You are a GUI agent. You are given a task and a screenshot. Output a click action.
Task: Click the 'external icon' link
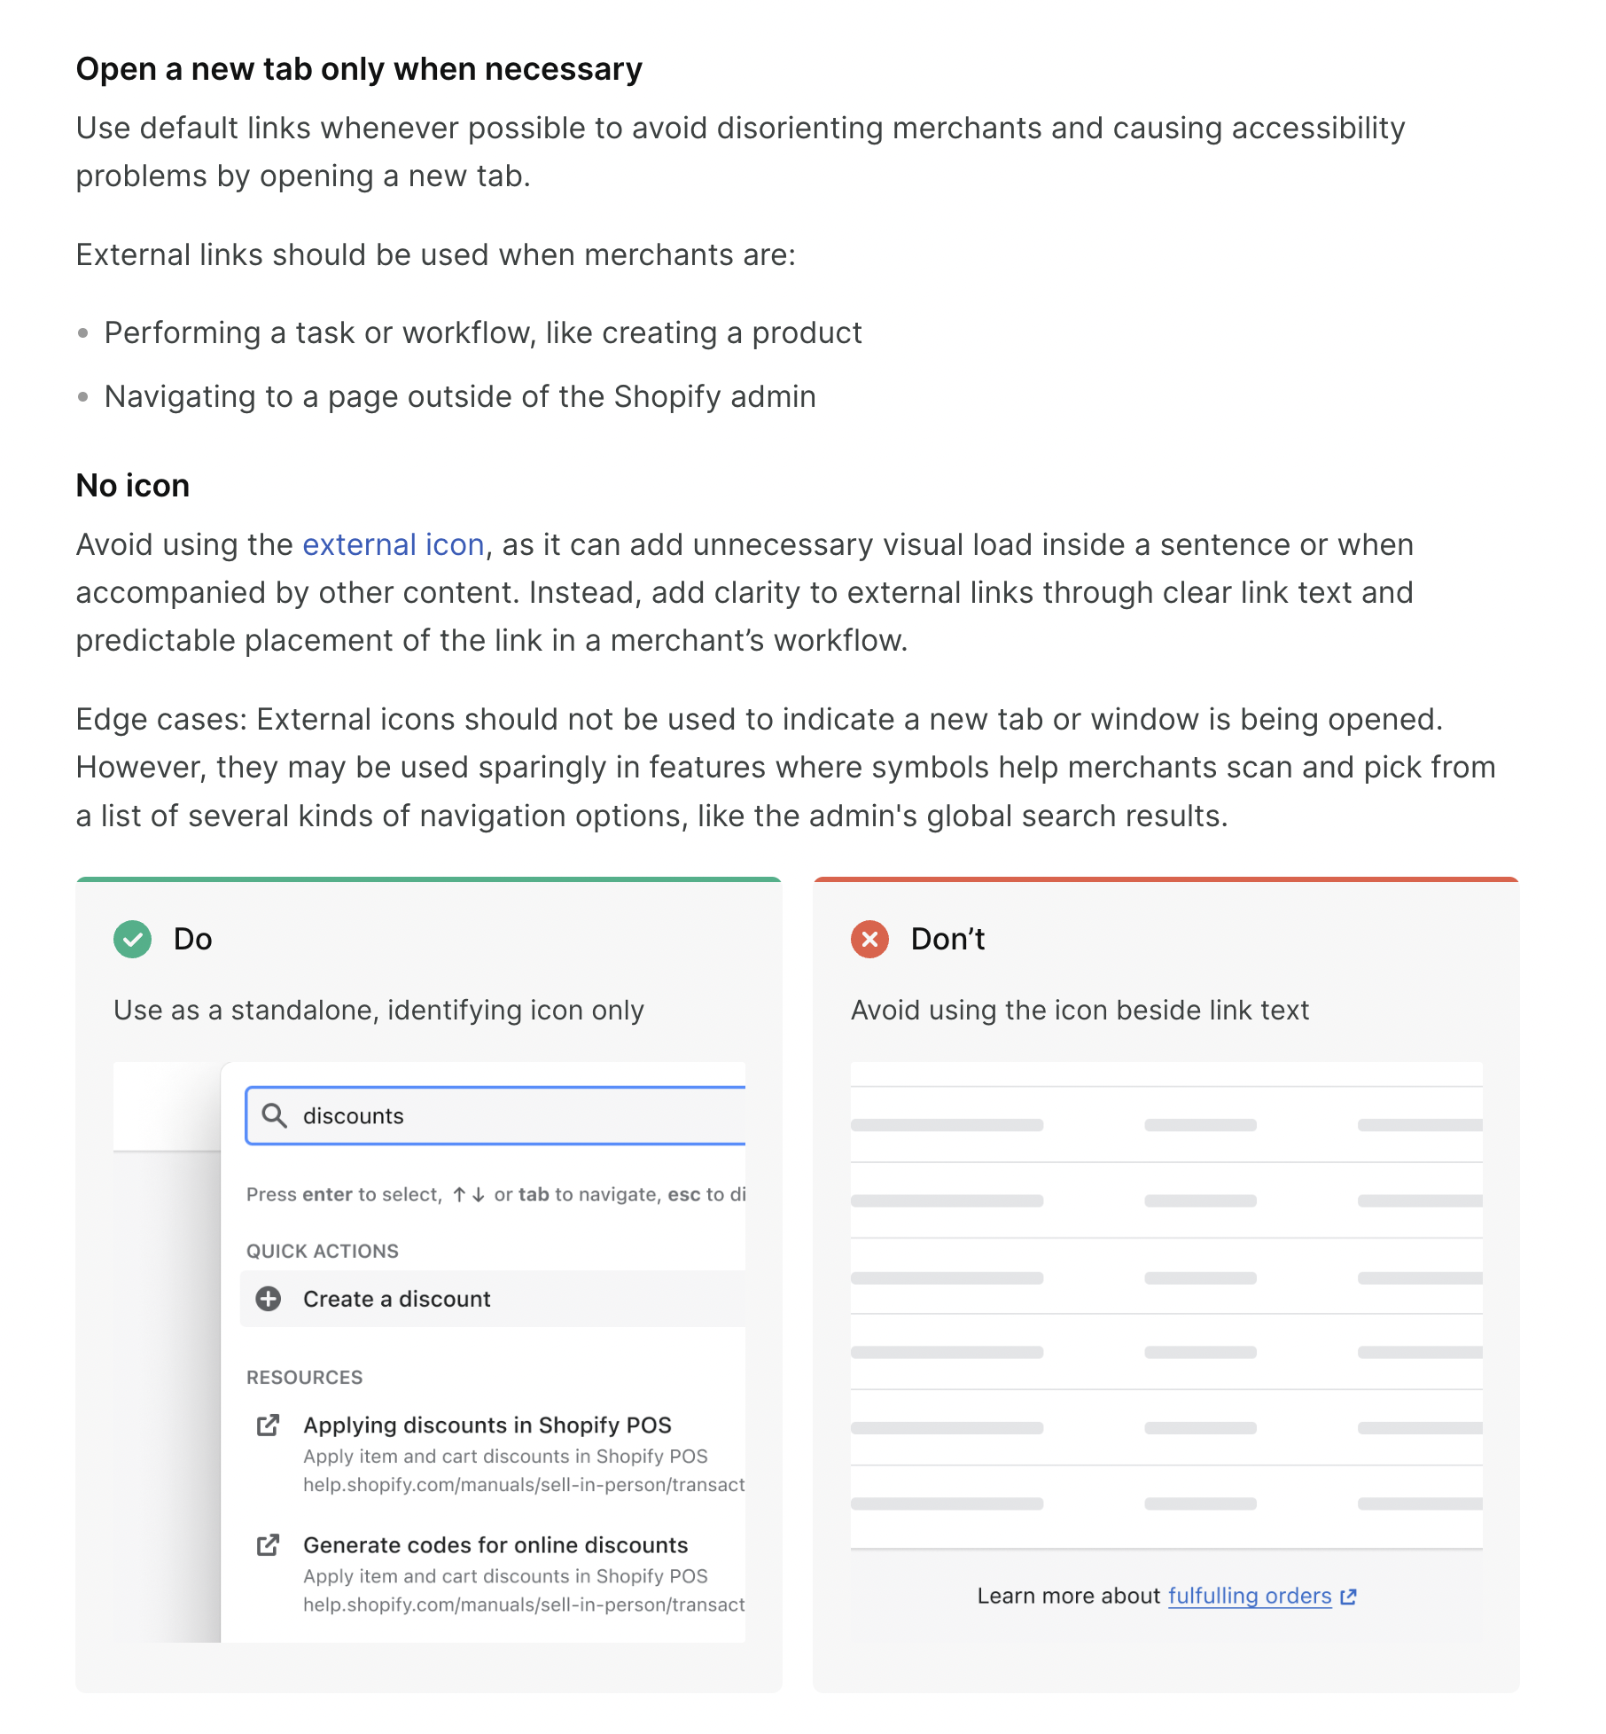pyautogui.click(x=394, y=544)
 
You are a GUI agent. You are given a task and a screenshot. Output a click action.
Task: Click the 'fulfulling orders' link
pyautogui.click(x=1249, y=1596)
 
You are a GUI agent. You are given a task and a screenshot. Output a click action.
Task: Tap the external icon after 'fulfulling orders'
pyautogui.click(x=1349, y=1597)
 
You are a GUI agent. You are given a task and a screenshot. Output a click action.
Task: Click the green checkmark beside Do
pyautogui.click(x=132, y=939)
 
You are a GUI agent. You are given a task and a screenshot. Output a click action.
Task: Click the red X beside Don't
pyautogui.click(x=869, y=939)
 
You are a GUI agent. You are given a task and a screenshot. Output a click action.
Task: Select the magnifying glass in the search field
pyautogui.click(x=275, y=1115)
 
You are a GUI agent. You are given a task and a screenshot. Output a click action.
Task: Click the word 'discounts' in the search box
pyautogui.click(x=353, y=1116)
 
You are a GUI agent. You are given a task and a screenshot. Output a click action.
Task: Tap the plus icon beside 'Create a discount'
pyautogui.click(x=269, y=1299)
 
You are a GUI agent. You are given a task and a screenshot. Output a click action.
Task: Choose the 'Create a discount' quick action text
pyautogui.click(x=396, y=1299)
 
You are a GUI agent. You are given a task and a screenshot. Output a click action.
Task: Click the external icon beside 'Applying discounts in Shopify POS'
pyautogui.click(x=268, y=1425)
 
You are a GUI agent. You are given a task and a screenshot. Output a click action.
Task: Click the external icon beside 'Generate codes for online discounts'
pyautogui.click(x=268, y=1545)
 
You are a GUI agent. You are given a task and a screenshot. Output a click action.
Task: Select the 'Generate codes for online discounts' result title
pyautogui.click(x=495, y=1545)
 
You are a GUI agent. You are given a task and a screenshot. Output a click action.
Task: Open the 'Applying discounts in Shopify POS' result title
pyautogui.click(x=487, y=1425)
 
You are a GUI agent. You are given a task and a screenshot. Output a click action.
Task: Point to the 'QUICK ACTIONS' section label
pyautogui.click(x=323, y=1251)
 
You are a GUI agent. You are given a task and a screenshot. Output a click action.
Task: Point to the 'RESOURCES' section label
pyautogui.click(x=304, y=1377)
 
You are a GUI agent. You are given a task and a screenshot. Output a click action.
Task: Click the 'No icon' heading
pyautogui.click(x=133, y=486)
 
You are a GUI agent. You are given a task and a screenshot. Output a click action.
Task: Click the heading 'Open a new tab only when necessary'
pyautogui.click(x=359, y=69)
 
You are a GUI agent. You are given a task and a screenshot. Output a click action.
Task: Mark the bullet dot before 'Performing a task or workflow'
pyautogui.click(x=83, y=333)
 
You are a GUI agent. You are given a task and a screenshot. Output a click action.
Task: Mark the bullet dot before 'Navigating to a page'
pyautogui.click(x=83, y=397)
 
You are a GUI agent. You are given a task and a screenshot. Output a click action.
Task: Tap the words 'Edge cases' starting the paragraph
pyautogui.click(x=160, y=719)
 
